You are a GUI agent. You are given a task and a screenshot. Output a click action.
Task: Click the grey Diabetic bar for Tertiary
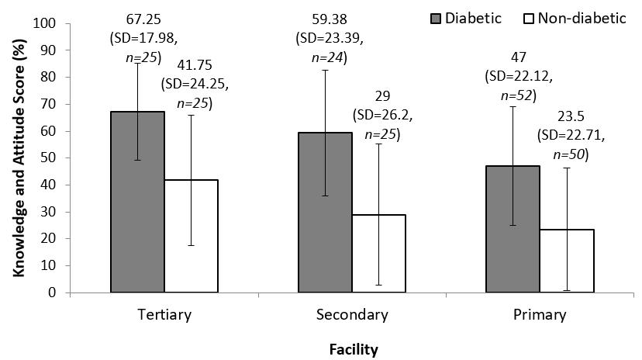coord(137,202)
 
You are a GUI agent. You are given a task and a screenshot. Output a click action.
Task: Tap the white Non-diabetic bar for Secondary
coord(378,253)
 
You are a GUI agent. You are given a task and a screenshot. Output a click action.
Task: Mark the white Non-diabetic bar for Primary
coord(567,261)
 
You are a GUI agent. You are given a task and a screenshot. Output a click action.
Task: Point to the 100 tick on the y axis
coord(46,23)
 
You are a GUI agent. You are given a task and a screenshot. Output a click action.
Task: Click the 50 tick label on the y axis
coord(49,158)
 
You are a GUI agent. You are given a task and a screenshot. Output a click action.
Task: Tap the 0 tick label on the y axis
coord(53,292)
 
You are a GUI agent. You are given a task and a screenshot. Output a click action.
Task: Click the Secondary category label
coord(351,315)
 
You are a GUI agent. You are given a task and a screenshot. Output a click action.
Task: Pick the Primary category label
coord(540,315)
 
